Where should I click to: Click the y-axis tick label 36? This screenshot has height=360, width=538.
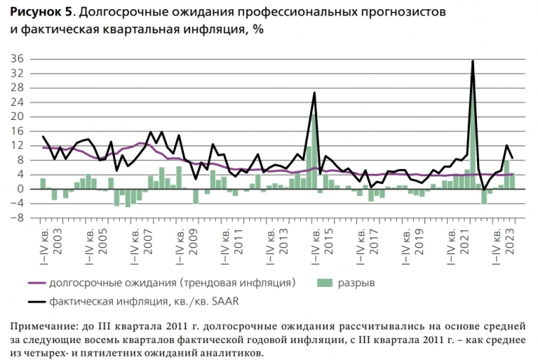point(16,59)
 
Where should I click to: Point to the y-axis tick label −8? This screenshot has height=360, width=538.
point(16,218)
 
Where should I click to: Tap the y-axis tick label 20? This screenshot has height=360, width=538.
point(16,116)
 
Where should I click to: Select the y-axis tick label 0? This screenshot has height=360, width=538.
point(19,189)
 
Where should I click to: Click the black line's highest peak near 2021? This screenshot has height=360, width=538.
point(473,61)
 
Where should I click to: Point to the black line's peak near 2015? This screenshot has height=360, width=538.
point(314,93)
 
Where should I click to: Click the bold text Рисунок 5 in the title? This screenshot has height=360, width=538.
point(37,12)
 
